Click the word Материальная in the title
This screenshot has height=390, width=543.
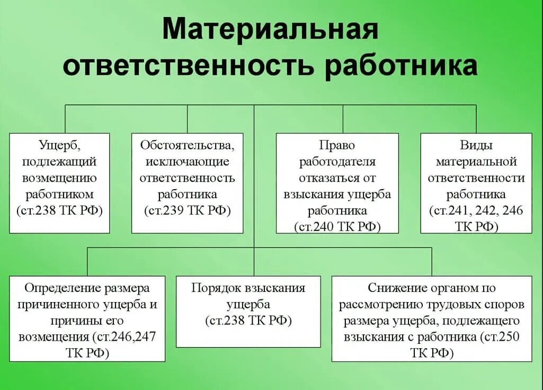tap(270, 30)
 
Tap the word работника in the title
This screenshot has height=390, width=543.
tap(402, 67)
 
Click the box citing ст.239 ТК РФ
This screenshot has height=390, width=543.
tap(187, 183)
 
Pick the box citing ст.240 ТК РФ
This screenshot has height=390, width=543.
tap(337, 183)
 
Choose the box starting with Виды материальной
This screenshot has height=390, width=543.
tap(476, 183)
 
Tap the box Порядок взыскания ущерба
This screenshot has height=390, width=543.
tap(248, 312)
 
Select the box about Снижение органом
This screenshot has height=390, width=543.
tap(432, 318)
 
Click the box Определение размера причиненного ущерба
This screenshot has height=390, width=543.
tap(87, 318)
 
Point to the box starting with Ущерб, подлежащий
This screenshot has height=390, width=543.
tap(59, 183)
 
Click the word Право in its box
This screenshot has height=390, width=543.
tap(337, 145)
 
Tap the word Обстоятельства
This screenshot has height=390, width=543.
tap(187, 145)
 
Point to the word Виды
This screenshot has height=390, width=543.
tap(476, 145)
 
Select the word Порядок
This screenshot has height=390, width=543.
tap(216, 288)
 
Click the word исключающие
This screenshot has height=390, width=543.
tap(187, 161)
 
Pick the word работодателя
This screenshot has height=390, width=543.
tap(337, 161)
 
